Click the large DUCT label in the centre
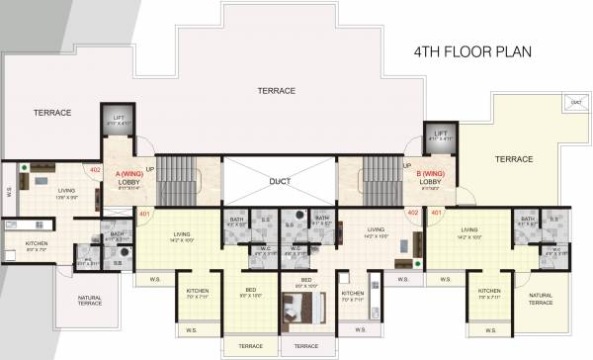(x=280, y=182)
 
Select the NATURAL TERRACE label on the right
(x=540, y=299)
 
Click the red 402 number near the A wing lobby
(x=95, y=170)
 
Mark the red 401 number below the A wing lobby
(x=144, y=213)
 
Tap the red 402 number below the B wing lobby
(x=413, y=213)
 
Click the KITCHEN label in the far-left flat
(x=37, y=243)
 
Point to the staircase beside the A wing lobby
(x=182, y=181)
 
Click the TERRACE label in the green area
(x=514, y=159)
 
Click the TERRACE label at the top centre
(x=276, y=91)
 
